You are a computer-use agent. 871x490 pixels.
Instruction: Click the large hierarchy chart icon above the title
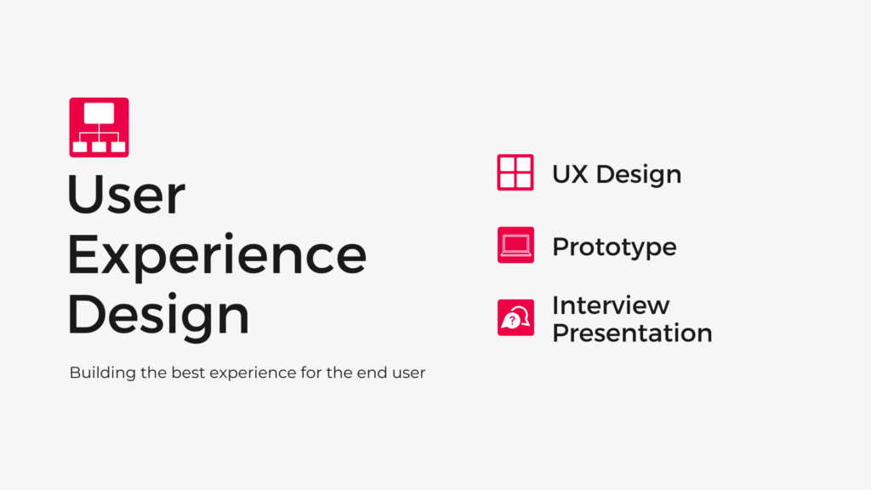click(99, 128)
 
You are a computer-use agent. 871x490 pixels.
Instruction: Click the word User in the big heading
click(126, 195)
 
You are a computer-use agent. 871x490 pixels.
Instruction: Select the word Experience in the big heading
click(217, 254)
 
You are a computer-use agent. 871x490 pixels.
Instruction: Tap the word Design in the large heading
click(158, 315)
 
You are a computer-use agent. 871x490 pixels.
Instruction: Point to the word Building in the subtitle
click(103, 373)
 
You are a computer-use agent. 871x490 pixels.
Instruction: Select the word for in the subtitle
click(311, 373)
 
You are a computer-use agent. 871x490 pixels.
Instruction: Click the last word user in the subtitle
click(408, 373)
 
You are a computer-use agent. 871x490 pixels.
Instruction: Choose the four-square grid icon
click(515, 172)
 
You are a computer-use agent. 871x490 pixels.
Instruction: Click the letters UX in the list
click(570, 174)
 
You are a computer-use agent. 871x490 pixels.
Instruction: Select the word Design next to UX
click(639, 175)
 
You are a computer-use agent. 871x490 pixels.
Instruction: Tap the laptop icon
click(515, 245)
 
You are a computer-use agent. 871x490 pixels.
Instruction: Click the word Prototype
click(614, 248)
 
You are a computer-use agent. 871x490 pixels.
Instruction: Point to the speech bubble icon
click(515, 318)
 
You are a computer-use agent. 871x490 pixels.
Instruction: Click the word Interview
click(611, 305)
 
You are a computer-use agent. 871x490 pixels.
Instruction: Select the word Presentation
click(632, 333)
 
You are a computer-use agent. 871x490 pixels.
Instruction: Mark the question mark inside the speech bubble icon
click(511, 321)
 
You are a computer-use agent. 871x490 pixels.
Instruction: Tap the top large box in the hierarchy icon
click(99, 113)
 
